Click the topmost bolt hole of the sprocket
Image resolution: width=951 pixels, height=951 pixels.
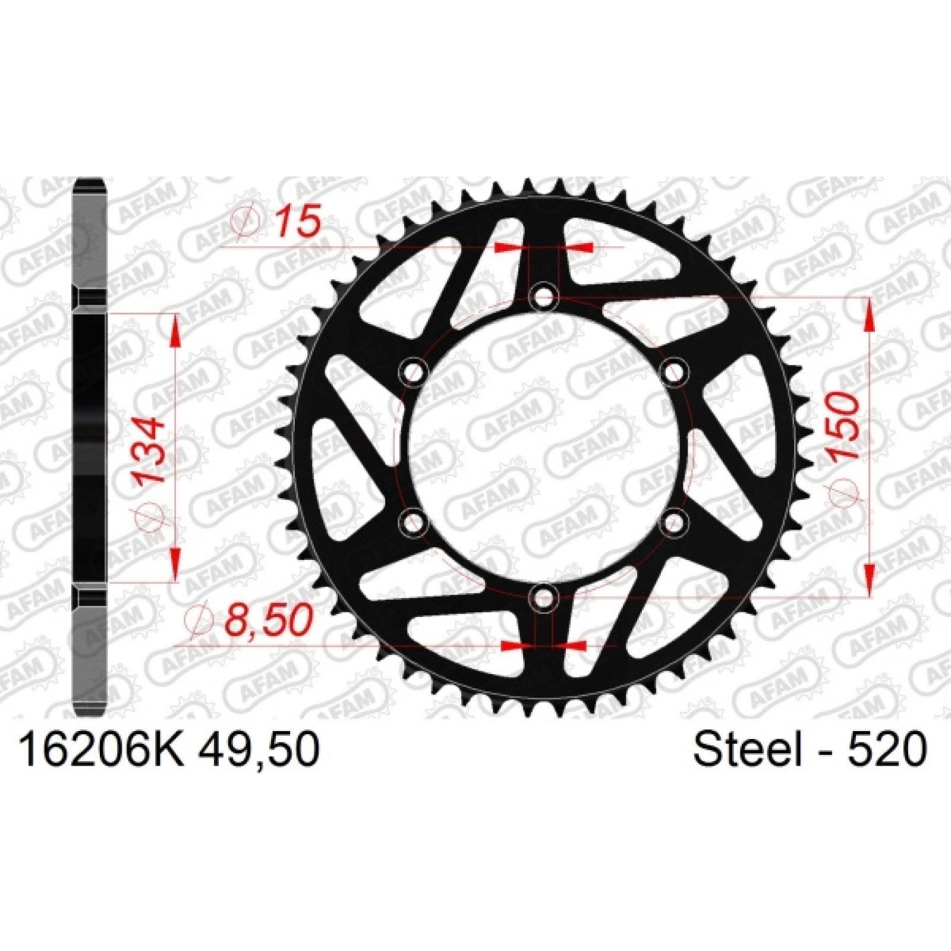[543, 295]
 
